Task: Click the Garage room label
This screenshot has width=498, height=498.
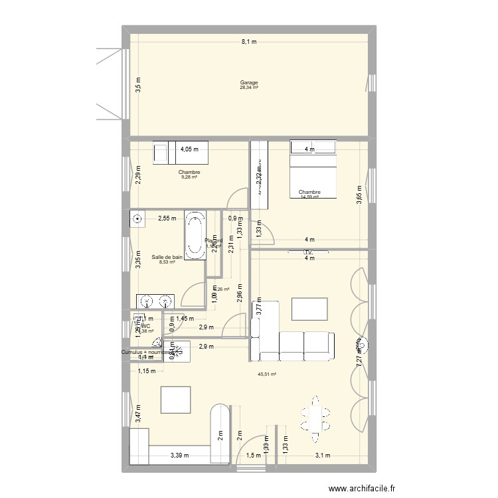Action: point(249,82)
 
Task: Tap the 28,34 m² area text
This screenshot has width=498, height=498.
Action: point(249,88)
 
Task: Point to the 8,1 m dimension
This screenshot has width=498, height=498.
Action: point(249,41)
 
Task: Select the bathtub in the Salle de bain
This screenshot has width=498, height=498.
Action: point(195,236)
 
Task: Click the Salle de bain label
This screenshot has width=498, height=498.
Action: point(167,257)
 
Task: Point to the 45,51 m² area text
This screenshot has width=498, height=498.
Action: point(267,374)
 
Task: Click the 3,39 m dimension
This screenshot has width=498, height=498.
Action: point(179,456)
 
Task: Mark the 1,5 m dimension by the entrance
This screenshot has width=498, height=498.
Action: point(254,456)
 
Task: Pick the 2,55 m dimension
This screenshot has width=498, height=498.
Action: point(167,218)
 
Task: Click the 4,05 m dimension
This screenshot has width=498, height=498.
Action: point(191,149)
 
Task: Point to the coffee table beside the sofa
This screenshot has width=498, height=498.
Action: point(309,309)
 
